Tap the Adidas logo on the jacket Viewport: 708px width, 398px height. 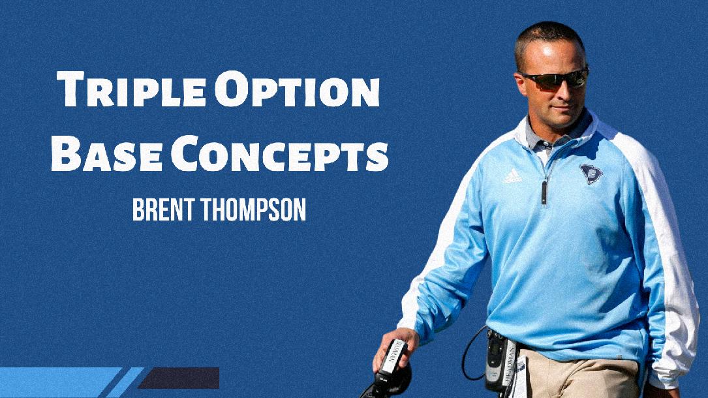click(x=512, y=175)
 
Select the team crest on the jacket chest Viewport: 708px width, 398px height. click(x=591, y=173)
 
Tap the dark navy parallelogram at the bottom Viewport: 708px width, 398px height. click(x=179, y=378)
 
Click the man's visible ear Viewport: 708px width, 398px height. click(x=519, y=82)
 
